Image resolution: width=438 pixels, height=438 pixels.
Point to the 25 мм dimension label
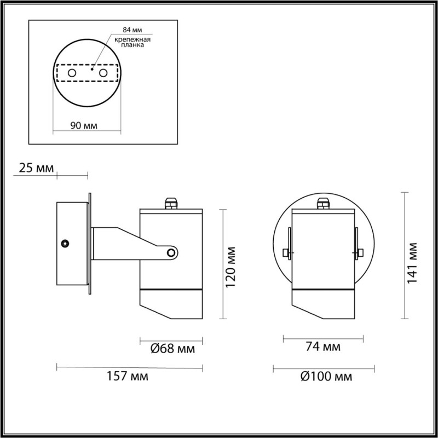pyautogui.click(x=36, y=168)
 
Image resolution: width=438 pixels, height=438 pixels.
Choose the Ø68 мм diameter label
pyautogui.click(x=171, y=348)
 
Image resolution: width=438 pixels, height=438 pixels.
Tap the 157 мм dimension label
pyautogui.click(x=130, y=376)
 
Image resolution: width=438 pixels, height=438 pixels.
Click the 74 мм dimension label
pyautogui.click(x=323, y=347)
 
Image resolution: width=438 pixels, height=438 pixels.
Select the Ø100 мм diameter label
pyautogui.click(x=327, y=376)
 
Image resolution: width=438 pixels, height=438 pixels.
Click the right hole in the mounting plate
pyautogui.click(x=102, y=72)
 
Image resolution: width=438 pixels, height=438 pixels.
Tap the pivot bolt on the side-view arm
pyautogui.click(x=171, y=252)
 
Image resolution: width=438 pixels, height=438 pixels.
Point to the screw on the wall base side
pyautogui.click(x=66, y=243)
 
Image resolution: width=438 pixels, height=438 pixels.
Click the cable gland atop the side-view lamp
pyautogui.click(x=171, y=203)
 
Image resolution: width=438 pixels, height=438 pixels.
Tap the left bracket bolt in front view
pyautogui.click(x=286, y=253)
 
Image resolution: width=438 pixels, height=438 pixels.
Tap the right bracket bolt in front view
pyautogui.click(x=360, y=253)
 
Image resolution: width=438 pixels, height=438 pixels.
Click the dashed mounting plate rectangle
pyautogui.click(x=88, y=73)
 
